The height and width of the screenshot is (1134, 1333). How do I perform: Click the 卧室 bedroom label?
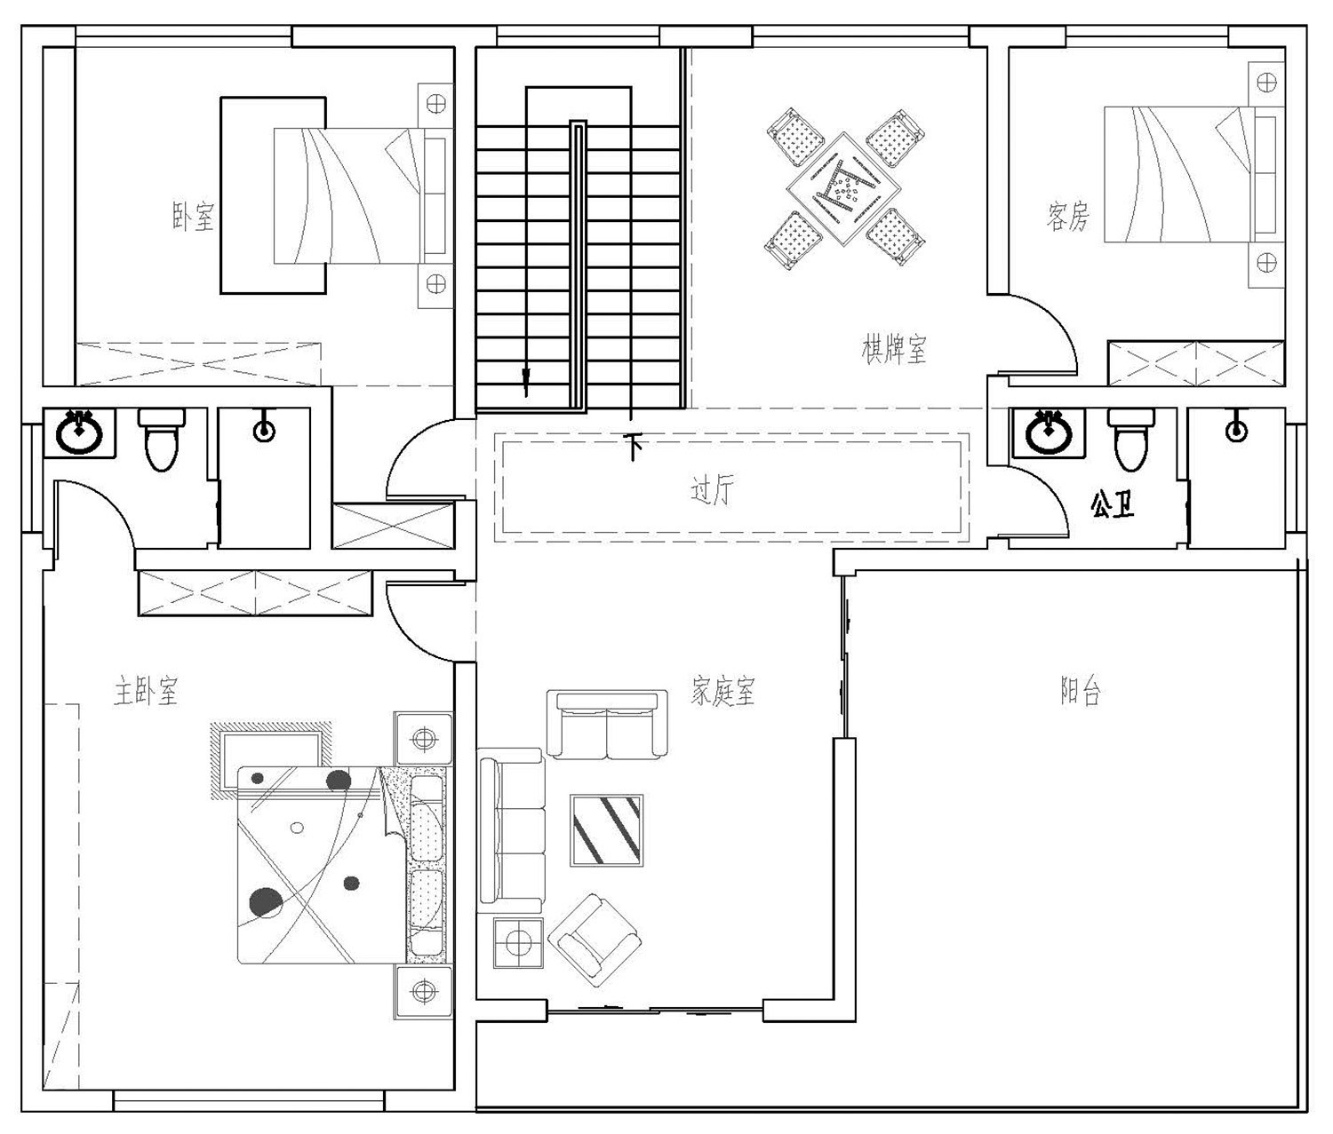[x=193, y=216]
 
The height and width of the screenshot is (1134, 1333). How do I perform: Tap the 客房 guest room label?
[x=1067, y=216]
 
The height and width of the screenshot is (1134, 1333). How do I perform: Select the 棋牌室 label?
[x=894, y=349]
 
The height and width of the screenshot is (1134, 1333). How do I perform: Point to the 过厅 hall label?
[x=713, y=489]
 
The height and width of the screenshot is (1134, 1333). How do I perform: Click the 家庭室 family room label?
[x=722, y=690]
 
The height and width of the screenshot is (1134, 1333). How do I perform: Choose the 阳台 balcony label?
[x=1081, y=690]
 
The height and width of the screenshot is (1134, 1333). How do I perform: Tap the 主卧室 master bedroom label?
[x=146, y=690]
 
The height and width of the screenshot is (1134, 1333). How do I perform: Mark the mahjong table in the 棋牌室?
[x=843, y=188]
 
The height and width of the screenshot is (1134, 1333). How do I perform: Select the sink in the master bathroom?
[x=80, y=432]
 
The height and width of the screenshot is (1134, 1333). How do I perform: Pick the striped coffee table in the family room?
[x=606, y=829]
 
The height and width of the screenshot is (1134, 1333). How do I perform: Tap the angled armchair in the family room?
[x=594, y=937]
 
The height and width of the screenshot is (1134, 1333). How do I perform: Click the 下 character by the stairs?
[x=633, y=447]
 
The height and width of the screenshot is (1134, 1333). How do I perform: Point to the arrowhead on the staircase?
[x=526, y=382]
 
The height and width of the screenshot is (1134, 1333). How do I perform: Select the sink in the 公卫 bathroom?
[x=1049, y=432]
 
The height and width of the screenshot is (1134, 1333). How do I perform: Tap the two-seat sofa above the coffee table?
[x=607, y=725]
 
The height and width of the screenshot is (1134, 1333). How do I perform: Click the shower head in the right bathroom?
[x=1236, y=431]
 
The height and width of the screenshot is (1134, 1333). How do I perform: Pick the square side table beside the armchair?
[x=518, y=941]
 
